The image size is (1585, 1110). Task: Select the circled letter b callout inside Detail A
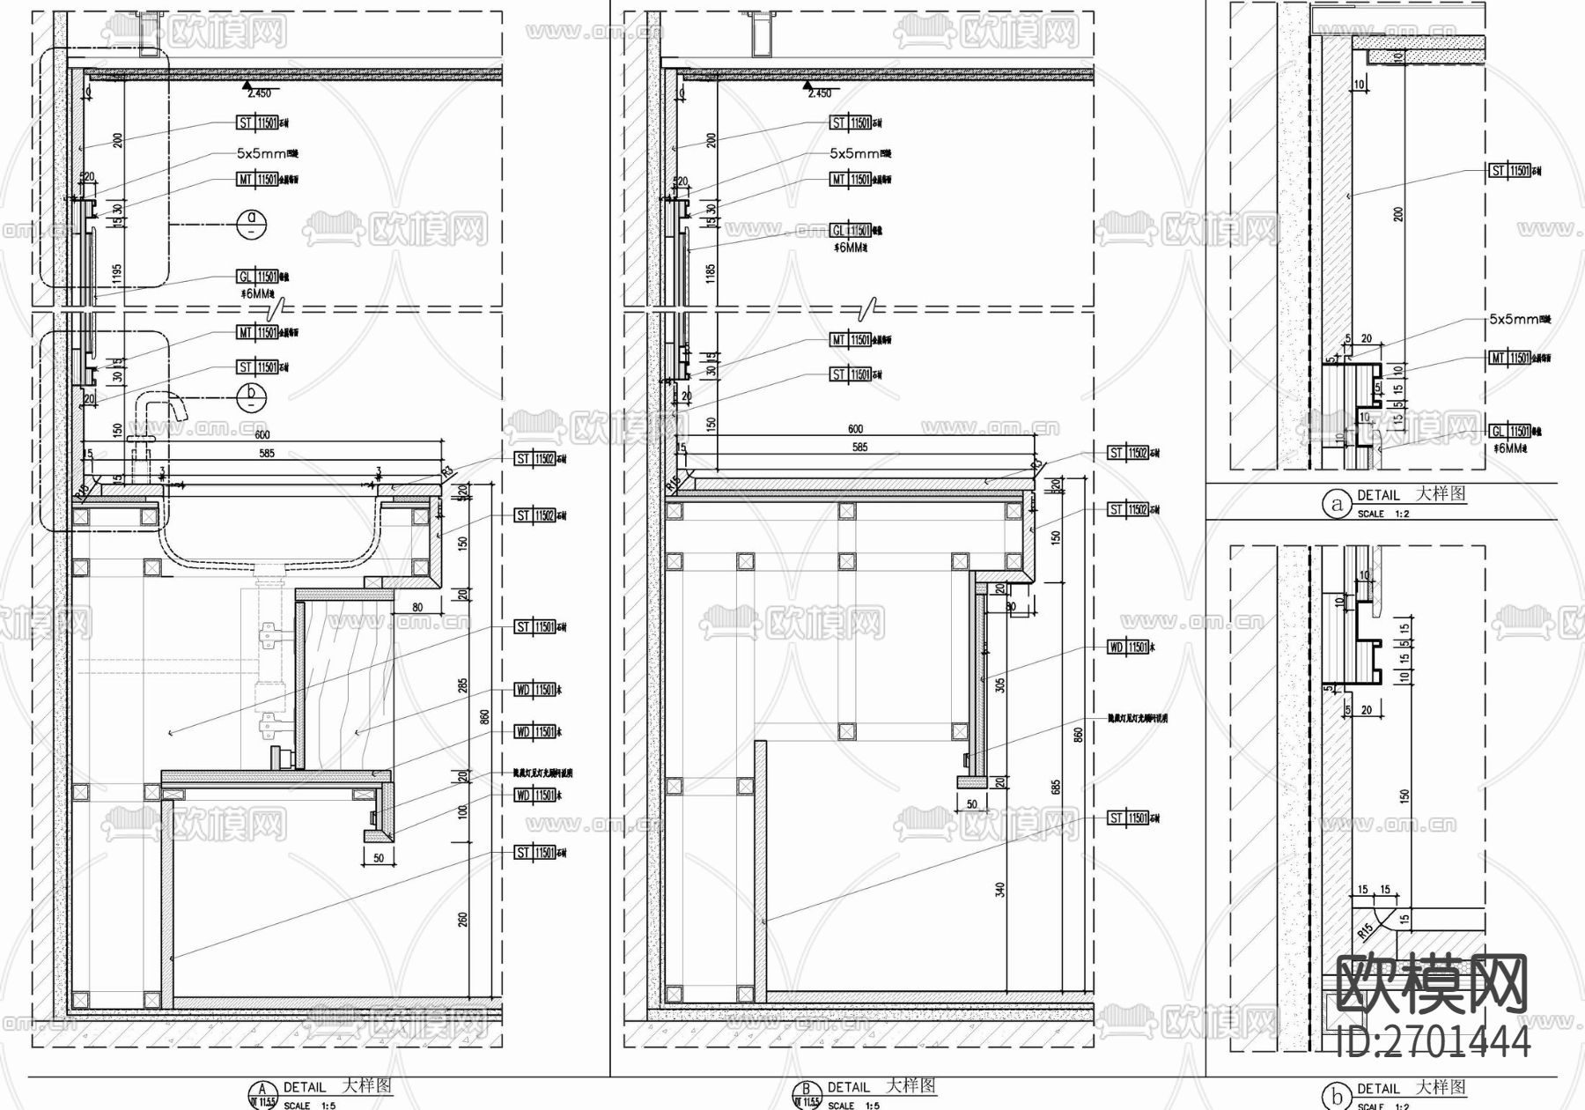[252, 396]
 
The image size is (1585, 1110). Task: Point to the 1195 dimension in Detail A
[117, 275]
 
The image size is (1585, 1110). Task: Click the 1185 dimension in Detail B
[711, 274]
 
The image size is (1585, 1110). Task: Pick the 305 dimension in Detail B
[999, 684]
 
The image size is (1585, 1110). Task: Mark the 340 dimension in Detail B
[999, 891]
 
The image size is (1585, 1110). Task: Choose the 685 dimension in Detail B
[1056, 787]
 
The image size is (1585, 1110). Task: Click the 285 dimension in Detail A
[463, 686]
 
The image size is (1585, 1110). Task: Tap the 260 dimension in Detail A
[463, 920]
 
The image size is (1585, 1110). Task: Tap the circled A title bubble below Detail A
[262, 1092]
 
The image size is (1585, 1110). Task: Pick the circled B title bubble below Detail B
[806, 1092]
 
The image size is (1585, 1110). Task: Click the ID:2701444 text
[1434, 1043]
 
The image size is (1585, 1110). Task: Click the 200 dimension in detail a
[1398, 214]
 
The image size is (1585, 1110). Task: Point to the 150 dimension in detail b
[1404, 795]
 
